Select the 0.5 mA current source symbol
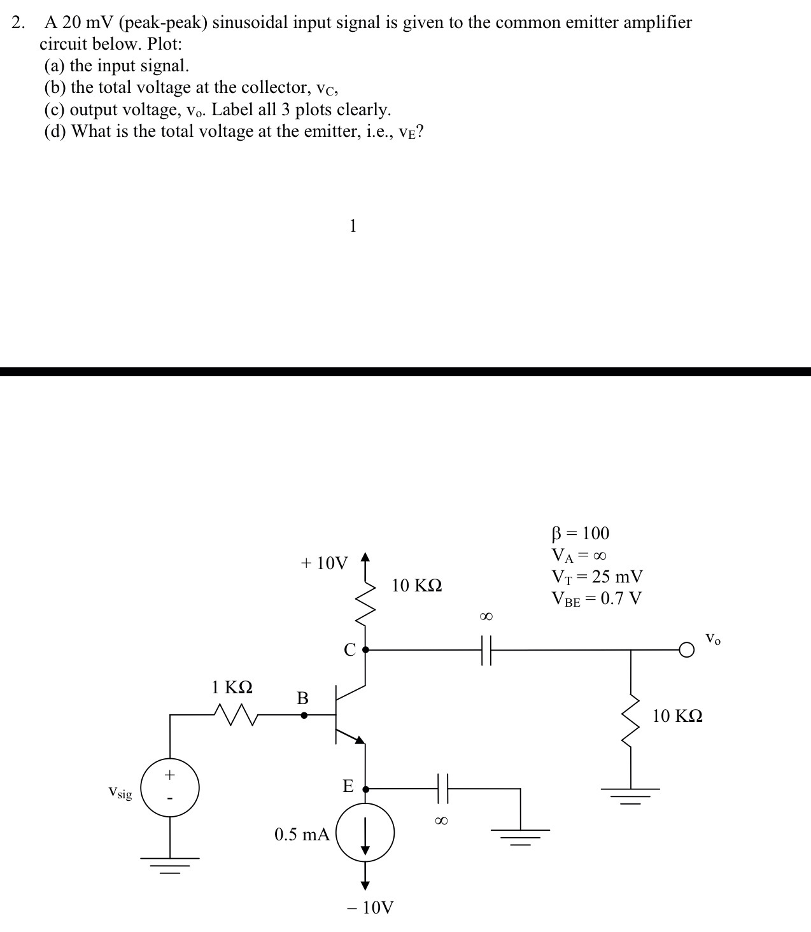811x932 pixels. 365,833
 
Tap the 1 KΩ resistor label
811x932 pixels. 232,688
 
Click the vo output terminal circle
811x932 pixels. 686,650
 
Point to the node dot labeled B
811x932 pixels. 304,715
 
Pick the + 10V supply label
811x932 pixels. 324,563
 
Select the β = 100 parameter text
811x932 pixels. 580,533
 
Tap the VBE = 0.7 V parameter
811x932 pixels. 596,598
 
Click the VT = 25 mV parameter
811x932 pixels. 596,577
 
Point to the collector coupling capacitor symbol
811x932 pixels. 486,650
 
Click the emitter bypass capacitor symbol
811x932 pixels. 442,789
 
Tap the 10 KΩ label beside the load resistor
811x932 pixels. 677,716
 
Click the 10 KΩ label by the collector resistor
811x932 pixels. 416,586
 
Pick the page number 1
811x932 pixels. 353,225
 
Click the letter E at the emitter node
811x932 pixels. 348,786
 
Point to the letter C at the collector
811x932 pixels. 349,650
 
